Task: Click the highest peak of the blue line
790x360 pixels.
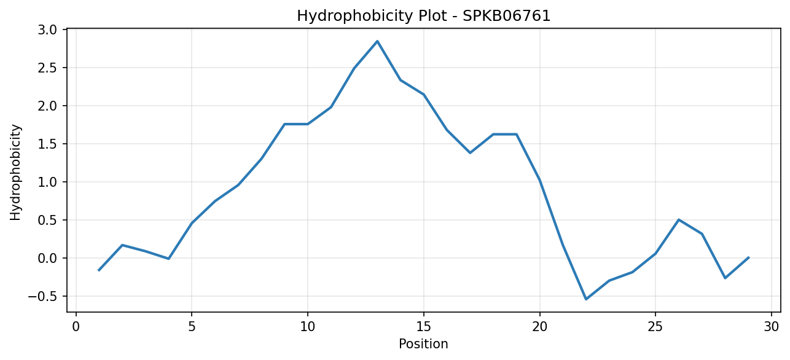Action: (377, 41)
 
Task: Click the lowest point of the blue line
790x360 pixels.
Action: (586, 299)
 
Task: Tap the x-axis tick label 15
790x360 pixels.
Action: (424, 327)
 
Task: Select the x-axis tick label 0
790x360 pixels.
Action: (76, 327)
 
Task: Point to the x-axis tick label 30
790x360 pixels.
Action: (772, 327)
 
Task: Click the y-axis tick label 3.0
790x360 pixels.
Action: (47, 29)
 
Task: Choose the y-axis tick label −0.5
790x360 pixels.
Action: (42, 296)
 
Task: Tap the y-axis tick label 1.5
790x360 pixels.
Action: (47, 144)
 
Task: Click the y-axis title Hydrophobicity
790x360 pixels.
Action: (15, 173)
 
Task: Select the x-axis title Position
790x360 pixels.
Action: (423, 344)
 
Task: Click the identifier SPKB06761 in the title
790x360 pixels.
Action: (506, 16)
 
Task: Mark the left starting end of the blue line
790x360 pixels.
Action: (99, 270)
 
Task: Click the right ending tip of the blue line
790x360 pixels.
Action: (748, 258)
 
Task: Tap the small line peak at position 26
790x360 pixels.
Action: (679, 220)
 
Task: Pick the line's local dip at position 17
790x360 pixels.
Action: (470, 153)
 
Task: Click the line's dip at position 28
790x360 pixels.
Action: (725, 278)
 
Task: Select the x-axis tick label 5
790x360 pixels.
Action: (192, 327)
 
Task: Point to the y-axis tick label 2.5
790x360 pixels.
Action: (47, 68)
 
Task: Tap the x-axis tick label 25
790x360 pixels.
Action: (655, 327)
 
